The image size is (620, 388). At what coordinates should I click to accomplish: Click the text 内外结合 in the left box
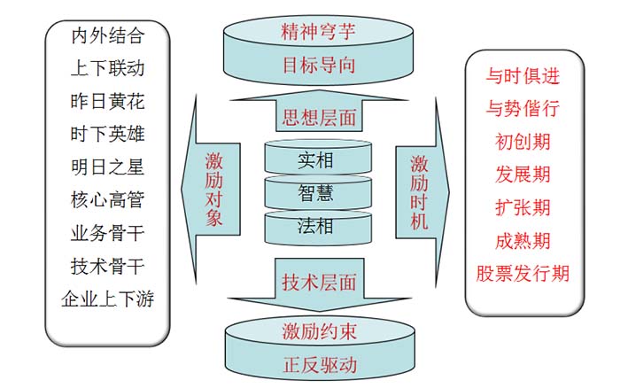(107, 36)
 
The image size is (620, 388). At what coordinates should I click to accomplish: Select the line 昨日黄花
(107, 101)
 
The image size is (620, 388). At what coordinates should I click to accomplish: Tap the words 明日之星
(107, 167)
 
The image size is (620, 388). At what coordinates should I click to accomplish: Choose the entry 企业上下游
(107, 299)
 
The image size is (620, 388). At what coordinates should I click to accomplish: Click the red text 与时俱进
(523, 75)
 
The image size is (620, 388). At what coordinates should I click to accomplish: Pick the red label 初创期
(523, 141)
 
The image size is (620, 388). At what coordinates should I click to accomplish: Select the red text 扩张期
(523, 207)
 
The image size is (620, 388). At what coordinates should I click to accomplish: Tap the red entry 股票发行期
(523, 273)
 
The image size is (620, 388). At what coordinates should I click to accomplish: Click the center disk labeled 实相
(316, 159)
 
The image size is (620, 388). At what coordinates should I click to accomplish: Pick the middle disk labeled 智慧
(316, 191)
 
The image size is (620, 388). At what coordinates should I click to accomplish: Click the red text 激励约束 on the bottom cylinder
(319, 332)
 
